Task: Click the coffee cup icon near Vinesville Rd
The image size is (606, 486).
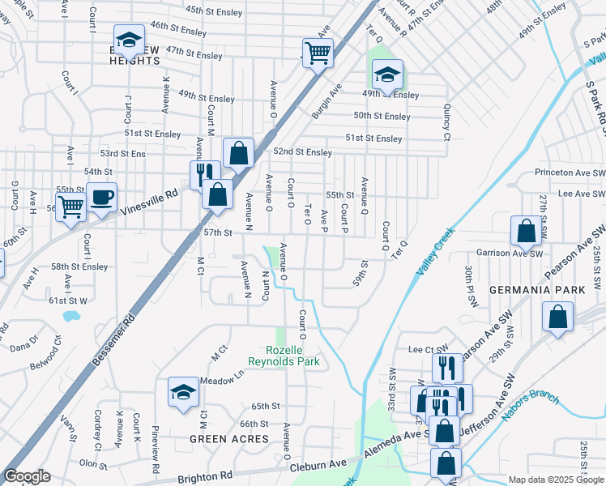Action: coord(103,197)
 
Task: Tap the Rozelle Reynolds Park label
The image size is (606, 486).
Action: coord(284,356)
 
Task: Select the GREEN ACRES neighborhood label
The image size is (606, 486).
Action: coord(228,439)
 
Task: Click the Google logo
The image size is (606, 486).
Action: coord(27,476)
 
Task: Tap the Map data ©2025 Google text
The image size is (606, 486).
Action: coord(555,480)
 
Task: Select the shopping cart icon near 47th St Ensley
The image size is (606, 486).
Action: coord(318,53)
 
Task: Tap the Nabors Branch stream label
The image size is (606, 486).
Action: coord(532,402)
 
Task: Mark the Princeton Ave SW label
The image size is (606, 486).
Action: coord(570,173)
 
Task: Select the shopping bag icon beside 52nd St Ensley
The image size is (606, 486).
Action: coord(239,152)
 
